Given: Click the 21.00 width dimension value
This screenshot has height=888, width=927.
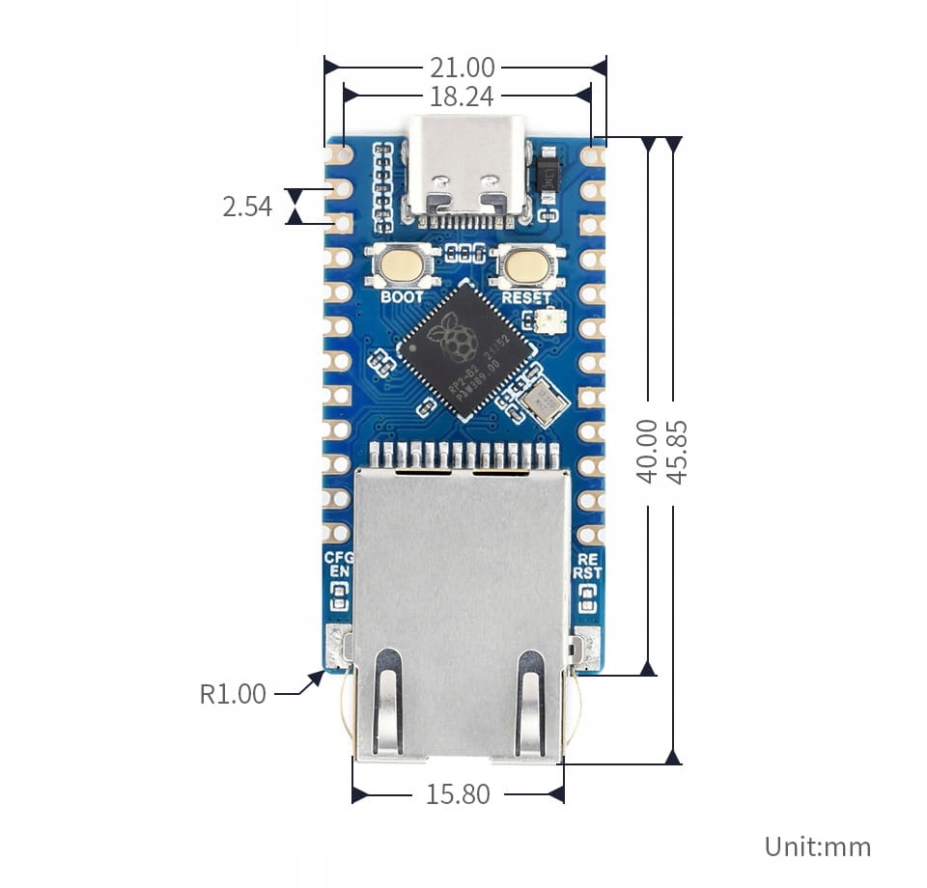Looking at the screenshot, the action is click(462, 68).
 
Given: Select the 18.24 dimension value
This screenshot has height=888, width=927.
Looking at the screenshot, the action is click(462, 97).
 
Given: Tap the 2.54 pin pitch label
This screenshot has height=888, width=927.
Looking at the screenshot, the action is click(247, 206).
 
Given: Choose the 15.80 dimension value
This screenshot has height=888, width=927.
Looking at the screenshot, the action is click(458, 795).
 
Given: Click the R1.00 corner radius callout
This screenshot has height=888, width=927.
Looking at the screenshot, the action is click(233, 693).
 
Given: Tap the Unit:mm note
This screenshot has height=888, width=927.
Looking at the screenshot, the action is click(817, 847).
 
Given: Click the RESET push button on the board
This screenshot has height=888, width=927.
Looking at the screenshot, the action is click(524, 263).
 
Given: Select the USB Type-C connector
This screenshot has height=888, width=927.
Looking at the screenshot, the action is click(467, 166).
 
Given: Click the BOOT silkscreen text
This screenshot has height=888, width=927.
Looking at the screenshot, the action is click(402, 296).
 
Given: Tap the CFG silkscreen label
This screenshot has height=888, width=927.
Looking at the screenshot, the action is click(338, 558).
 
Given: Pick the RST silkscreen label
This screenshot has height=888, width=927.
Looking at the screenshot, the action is click(587, 572).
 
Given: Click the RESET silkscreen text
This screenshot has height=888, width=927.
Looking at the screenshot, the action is click(525, 297).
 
